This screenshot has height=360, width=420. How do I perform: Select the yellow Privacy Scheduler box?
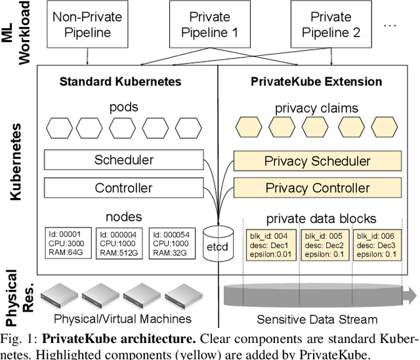point(317,161)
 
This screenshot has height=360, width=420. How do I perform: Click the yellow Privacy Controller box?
point(317,188)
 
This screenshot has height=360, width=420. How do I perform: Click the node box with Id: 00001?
point(68,243)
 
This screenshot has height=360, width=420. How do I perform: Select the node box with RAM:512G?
point(119,243)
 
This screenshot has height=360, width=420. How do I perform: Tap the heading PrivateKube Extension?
point(316,82)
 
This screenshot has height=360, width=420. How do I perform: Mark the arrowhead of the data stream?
point(412,292)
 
